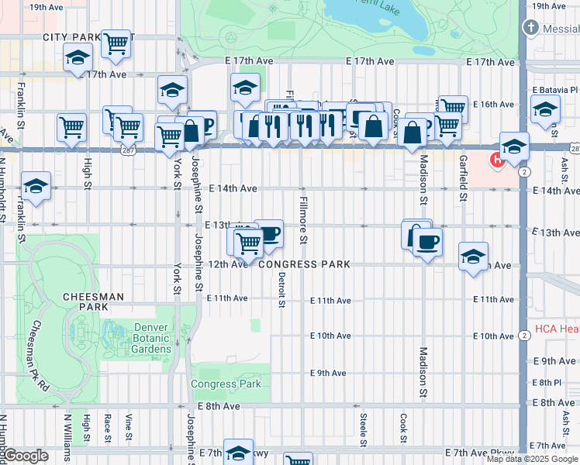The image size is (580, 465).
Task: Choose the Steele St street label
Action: coord(363,429)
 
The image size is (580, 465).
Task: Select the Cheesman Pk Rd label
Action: coord(40,356)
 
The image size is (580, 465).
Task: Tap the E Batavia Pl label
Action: coord(555,90)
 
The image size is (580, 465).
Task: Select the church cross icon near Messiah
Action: coord(531,28)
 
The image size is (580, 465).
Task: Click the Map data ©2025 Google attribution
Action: coord(532,459)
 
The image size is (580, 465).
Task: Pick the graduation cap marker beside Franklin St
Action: coord(36,187)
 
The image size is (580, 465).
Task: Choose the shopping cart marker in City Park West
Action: coord(116,44)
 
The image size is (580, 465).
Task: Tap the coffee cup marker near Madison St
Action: coord(427,243)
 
